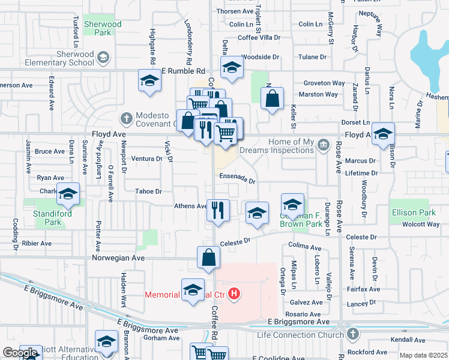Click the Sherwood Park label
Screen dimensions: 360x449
tap(103, 28)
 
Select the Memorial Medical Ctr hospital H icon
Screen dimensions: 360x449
tap(235, 294)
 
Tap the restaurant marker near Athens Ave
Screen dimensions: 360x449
tap(217, 210)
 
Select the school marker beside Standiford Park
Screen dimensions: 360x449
tap(68, 194)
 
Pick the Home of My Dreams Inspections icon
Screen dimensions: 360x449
tap(323, 145)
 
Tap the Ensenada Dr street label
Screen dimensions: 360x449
tap(238, 178)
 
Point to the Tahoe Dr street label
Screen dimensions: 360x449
tap(150, 191)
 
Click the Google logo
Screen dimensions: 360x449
tap(19, 353)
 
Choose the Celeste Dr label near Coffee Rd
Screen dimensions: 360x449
tap(235, 242)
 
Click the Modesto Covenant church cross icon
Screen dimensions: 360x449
tap(127, 117)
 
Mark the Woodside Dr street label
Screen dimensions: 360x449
tap(261, 57)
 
